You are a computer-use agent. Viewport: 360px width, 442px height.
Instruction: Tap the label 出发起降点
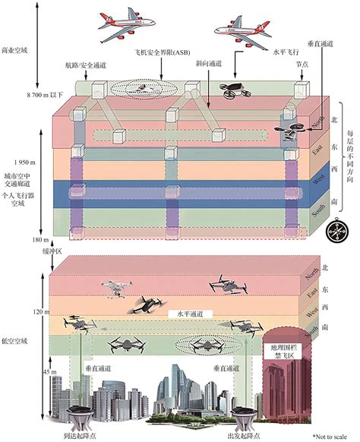tap(242, 436)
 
